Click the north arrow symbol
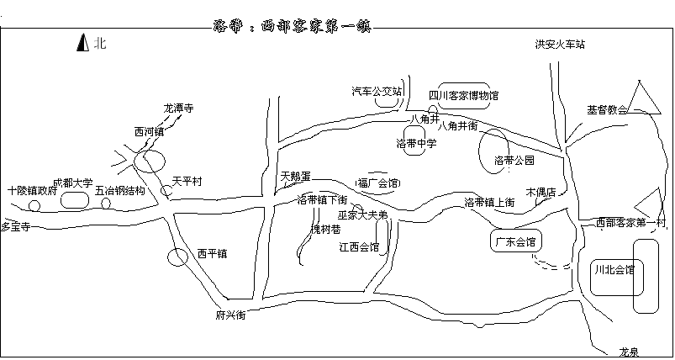coord(82,43)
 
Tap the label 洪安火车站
coord(559,44)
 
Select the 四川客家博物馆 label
coord(463,95)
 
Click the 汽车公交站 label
coord(376,90)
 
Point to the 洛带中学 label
coord(416,144)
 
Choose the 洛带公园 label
coord(514,160)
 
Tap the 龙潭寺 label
coord(178,109)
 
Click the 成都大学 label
coord(72,183)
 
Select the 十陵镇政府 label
coord(31,191)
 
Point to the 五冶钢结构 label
coord(120,191)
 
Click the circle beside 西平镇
coord(177,257)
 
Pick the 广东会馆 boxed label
coord(515,242)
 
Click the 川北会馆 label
coord(614,270)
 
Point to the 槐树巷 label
coord(326,229)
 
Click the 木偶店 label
coord(541,192)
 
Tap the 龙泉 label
coord(630,351)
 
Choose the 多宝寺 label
coord(15,226)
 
